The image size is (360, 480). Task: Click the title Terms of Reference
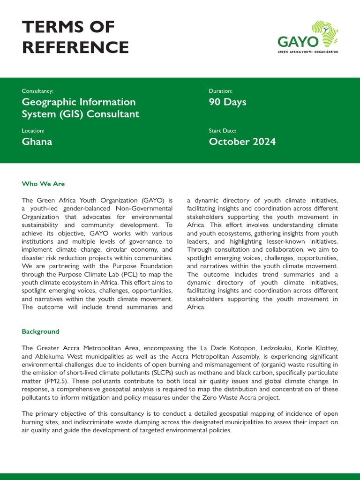75,37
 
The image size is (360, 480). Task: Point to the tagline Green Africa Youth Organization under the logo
307,52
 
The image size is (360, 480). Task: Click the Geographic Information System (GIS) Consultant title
80,108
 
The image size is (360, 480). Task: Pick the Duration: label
220,91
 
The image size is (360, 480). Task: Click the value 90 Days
227,102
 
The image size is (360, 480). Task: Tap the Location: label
33,130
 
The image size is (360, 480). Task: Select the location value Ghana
37,142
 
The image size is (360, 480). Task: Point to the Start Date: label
222,130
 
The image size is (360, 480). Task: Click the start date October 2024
242,142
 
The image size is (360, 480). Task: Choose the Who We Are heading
43,184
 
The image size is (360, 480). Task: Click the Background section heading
40,331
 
